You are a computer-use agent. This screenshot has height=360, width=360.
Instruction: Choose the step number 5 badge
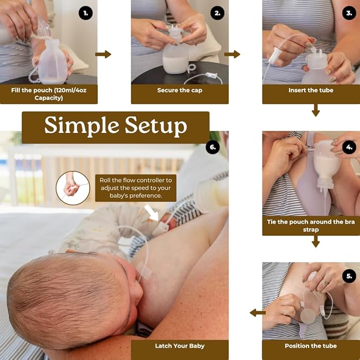click(349, 276)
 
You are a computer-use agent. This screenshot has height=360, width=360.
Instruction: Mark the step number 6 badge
click(213, 147)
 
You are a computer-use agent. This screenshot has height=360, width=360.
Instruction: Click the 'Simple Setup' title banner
click(116, 126)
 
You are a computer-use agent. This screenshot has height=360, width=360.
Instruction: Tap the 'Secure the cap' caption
click(180, 91)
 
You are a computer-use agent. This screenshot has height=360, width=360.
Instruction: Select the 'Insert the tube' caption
click(311, 91)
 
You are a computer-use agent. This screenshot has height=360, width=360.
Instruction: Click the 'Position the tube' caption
click(311, 346)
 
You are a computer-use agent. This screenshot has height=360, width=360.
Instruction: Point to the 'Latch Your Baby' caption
click(180, 346)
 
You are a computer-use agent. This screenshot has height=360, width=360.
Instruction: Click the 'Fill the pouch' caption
click(48, 94)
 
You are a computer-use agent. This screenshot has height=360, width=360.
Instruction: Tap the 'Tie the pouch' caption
click(311, 226)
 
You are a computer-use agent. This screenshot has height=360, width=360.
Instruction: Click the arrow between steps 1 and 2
click(103, 54)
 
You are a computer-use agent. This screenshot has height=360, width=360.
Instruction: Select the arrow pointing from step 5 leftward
click(258, 313)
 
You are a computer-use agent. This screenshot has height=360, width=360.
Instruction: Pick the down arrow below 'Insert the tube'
click(315, 110)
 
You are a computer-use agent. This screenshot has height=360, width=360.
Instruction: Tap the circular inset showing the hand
click(73, 188)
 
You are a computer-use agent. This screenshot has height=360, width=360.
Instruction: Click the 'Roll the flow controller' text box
click(136, 188)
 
